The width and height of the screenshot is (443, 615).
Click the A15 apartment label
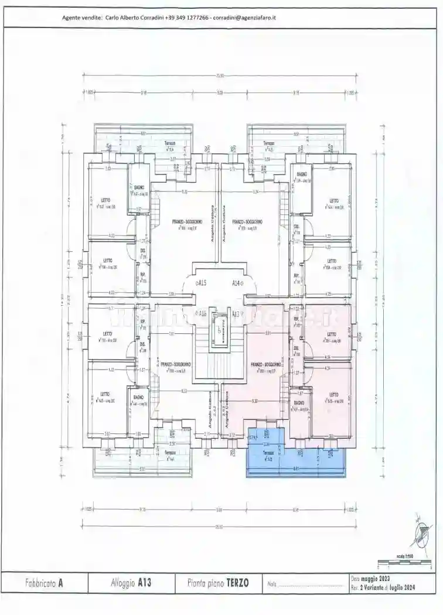pyautogui.click(x=202, y=282)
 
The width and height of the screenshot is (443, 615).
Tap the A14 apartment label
pyautogui.click(x=237, y=282)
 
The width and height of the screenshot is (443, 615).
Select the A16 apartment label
pyautogui.click(x=202, y=314)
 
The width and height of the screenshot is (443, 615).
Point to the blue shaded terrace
pyautogui.click(x=296, y=460)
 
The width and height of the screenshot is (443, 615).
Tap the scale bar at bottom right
pyautogui.click(x=404, y=562)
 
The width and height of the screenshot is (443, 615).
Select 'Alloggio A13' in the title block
pyautogui.click(x=131, y=583)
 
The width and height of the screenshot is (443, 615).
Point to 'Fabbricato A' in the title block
pyautogui.click(x=44, y=583)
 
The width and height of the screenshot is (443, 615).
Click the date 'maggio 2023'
pyautogui.click(x=372, y=579)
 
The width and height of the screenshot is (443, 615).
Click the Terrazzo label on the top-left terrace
pyautogui.click(x=170, y=143)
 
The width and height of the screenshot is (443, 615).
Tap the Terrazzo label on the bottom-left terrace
pyautogui.click(x=170, y=453)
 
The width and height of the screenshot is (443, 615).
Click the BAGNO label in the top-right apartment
pyautogui.click(x=302, y=175)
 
